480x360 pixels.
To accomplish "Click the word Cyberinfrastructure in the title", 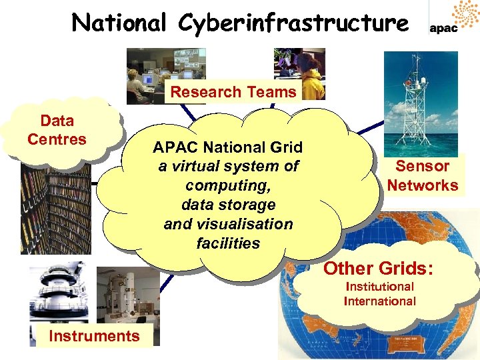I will [293, 23].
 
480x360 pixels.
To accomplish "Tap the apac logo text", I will [443, 29].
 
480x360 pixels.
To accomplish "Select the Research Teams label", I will [233, 93].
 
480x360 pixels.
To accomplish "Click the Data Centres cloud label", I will [57, 130].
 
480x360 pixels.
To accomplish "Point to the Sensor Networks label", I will [423, 175].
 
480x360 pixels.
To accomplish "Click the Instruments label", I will [94, 336].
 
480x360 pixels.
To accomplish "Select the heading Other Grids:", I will [379, 269].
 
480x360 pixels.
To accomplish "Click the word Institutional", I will [379, 287].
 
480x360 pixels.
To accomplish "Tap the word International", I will [379, 301].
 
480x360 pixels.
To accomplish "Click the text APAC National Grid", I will [227, 147].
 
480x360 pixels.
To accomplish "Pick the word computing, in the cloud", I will [227, 185].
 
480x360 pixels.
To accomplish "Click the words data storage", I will [227, 205].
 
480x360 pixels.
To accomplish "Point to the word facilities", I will [227, 243].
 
